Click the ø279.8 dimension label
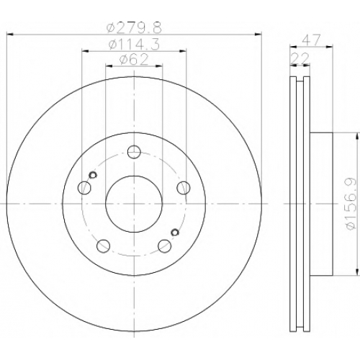tap(134, 28)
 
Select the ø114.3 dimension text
tap(134, 45)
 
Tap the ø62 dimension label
tap(134, 60)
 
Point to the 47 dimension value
tap(312, 40)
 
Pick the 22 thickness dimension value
tap(300, 58)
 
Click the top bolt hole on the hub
tap(134, 152)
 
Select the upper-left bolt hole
tap(85, 188)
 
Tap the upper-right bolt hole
tap(184, 188)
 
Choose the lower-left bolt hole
tap(104, 246)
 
